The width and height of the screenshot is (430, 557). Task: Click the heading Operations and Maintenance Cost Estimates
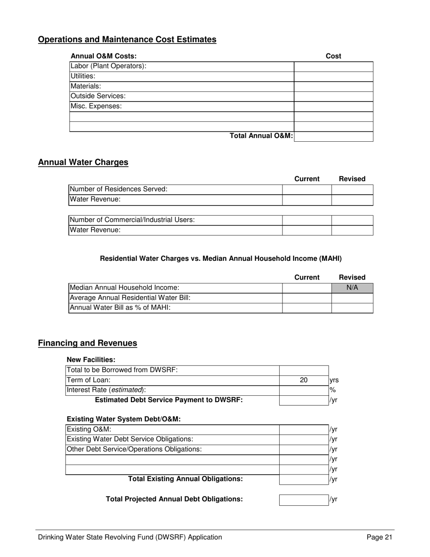click(127, 39)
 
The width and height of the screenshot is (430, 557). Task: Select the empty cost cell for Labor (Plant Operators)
click(333, 67)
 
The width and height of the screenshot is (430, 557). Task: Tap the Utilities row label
click(82, 77)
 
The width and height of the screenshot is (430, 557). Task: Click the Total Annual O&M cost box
click(333, 136)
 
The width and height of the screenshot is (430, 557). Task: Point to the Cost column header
click(333, 56)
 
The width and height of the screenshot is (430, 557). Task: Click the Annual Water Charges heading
click(83, 162)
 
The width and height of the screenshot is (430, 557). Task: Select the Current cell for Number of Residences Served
click(306, 189)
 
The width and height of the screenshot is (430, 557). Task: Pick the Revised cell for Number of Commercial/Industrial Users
click(352, 220)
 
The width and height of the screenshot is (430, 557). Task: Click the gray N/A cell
click(352, 288)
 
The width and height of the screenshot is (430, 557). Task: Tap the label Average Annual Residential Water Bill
click(129, 298)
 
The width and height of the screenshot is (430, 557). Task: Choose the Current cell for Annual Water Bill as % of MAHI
click(306, 308)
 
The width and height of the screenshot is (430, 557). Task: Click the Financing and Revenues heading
click(87, 343)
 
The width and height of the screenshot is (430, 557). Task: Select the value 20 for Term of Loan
click(304, 380)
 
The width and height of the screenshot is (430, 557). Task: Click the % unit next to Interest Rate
click(332, 390)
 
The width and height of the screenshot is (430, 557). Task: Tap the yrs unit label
click(334, 380)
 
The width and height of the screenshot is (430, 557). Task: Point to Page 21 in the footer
click(379, 538)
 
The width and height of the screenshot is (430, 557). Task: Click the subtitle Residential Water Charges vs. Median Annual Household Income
click(220, 259)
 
